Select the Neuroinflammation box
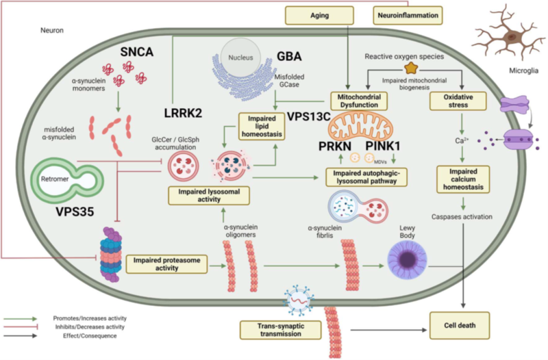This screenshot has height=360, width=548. tap(406, 13)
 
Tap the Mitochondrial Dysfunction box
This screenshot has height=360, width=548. tap(360, 101)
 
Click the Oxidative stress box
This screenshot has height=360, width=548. tap(456, 101)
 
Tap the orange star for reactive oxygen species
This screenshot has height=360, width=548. tap(412, 68)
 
